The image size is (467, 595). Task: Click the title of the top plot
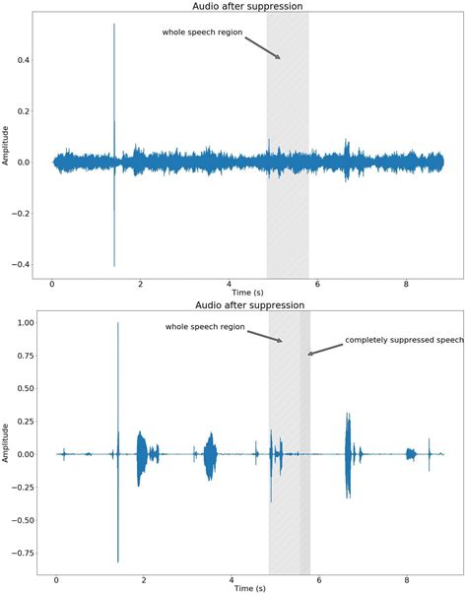click(247, 7)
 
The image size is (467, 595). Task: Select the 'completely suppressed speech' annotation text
click(404, 341)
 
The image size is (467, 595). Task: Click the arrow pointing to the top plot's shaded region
click(261, 47)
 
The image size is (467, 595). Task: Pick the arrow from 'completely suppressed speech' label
click(323, 349)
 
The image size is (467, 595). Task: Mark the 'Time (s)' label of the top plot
click(247, 293)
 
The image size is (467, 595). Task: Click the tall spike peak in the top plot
click(114, 26)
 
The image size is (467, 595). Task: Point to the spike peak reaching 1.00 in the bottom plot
click(118, 324)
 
